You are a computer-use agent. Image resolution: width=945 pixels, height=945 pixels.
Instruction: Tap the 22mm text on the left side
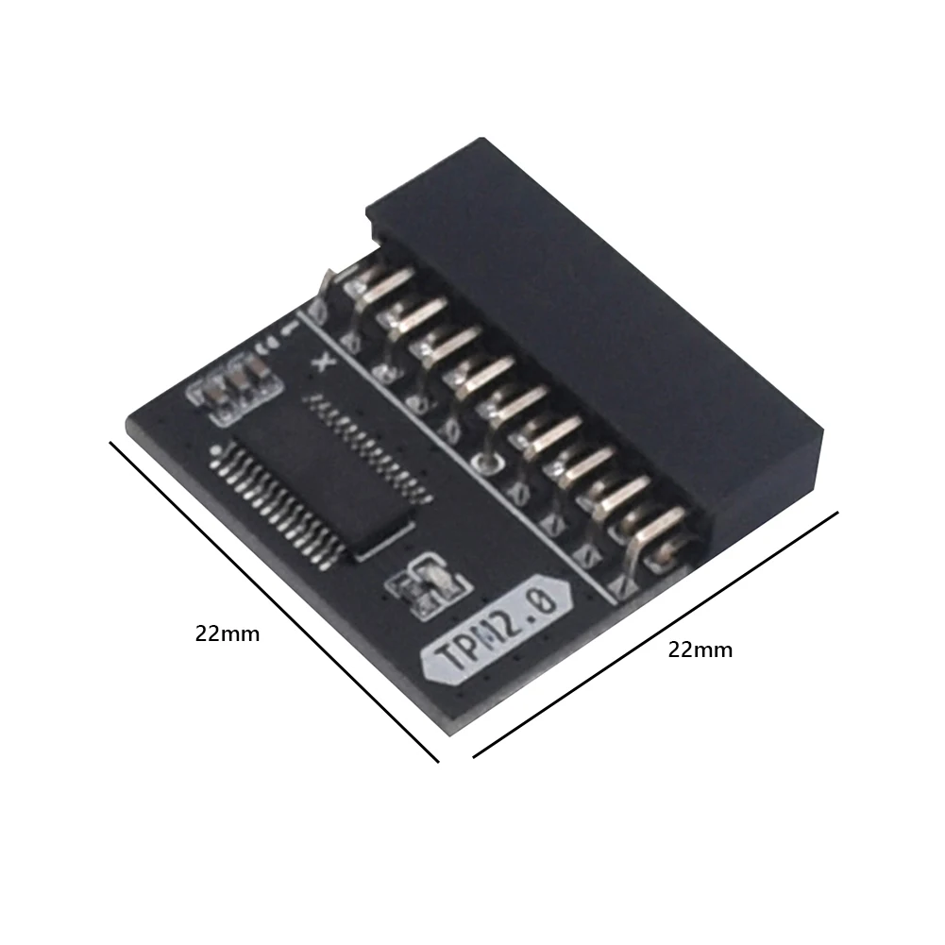(227, 634)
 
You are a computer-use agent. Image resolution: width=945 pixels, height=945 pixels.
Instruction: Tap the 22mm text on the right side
(700, 650)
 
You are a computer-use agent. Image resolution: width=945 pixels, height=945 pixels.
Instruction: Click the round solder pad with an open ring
(486, 462)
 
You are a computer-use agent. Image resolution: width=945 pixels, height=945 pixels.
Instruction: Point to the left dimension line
(274, 601)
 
